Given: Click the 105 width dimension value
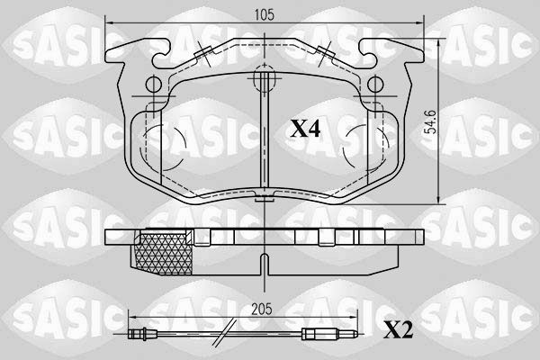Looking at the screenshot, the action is point(264,14).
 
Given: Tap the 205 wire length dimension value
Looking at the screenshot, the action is point(261,309).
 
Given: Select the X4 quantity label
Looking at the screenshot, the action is point(305,129).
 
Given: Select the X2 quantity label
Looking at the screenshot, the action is point(398,329).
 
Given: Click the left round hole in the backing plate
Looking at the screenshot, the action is point(154,84).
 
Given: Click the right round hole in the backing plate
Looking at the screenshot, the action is point(375,84).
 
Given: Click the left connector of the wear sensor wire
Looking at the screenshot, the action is point(138,334).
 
